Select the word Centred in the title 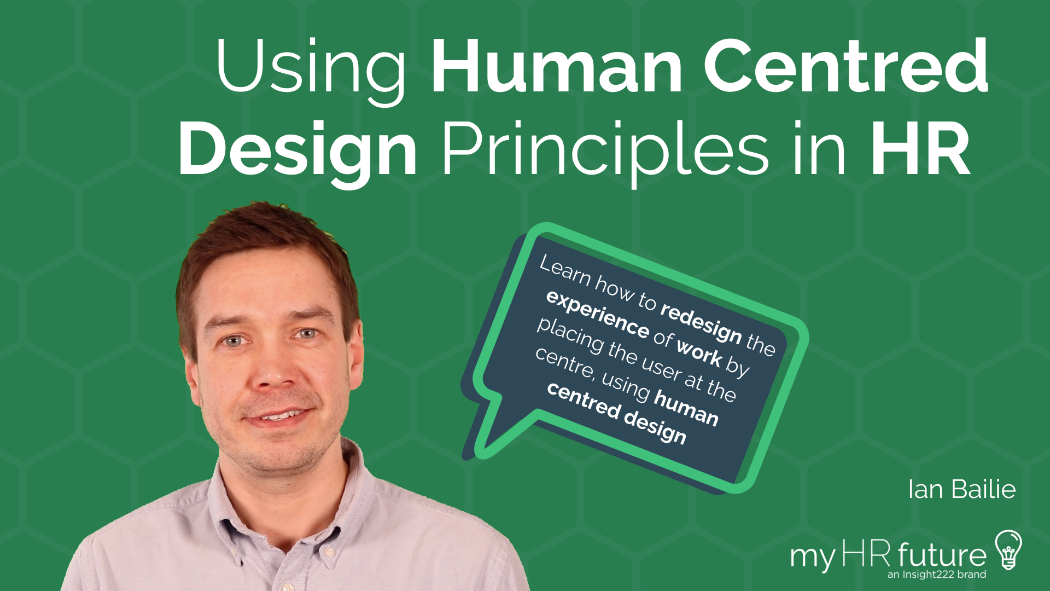click(845, 67)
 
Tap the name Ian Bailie click(961, 489)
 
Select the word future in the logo click(942, 556)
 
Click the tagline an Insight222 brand click(936, 575)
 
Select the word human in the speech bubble click(686, 408)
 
